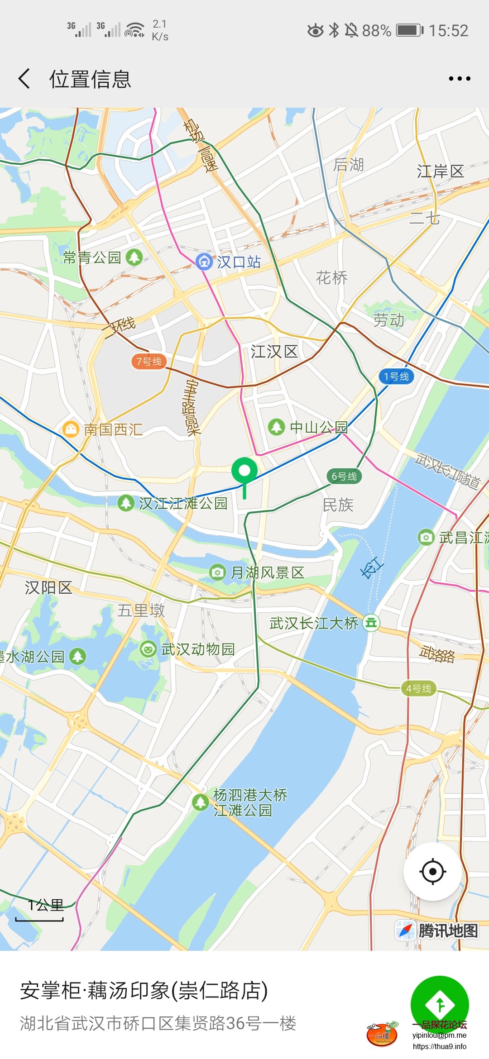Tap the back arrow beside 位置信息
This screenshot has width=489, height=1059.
[24, 79]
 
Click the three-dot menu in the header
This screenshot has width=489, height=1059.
[459, 79]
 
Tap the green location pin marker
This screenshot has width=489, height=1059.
[244, 472]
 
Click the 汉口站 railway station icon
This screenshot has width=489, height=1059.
[204, 262]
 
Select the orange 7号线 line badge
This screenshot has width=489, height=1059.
[149, 361]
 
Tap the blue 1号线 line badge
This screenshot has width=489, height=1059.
[396, 376]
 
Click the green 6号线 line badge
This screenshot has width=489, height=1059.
[344, 476]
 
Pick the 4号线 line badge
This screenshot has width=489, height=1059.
[419, 688]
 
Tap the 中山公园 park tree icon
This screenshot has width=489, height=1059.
[276, 427]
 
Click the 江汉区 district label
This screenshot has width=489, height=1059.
[274, 352]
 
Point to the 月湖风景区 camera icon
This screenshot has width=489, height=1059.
[217, 572]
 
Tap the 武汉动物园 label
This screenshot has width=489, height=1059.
[198, 649]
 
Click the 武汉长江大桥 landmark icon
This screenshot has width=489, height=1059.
[371, 623]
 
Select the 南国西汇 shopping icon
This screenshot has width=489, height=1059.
[71, 429]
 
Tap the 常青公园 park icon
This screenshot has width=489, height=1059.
[134, 257]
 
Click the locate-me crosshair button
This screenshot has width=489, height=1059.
[432, 871]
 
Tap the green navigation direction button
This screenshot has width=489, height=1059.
[439, 1005]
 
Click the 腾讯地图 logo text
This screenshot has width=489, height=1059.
[447, 930]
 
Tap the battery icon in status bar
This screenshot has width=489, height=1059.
[409, 30]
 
